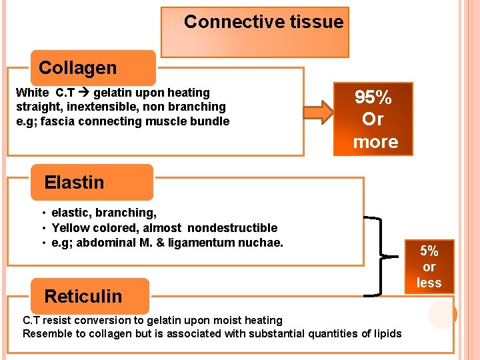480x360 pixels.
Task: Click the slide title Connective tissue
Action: (x=263, y=22)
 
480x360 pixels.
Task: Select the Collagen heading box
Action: (x=78, y=68)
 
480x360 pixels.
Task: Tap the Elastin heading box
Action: (x=74, y=182)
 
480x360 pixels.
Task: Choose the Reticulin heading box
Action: (x=83, y=296)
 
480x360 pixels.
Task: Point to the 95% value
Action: (x=373, y=97)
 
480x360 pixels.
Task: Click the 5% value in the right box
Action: (x=429, y=251)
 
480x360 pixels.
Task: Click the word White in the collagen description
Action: (x=32, y=93)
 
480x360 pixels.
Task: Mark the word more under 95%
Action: (x=375, y=142)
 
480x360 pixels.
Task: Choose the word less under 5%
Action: (x=429, y=283)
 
